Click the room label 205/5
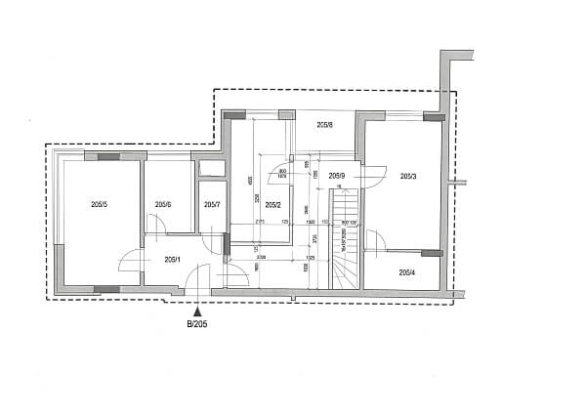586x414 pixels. tap(99, 204)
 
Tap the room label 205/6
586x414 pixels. tap(163, 204)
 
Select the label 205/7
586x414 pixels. tap(212, 204)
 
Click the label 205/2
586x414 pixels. tap(272, 204)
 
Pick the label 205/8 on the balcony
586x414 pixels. tap(325, 125)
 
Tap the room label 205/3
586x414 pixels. tap(408, 176)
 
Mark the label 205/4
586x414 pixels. tap(408, 271)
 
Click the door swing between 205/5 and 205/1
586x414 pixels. tap(130, 266)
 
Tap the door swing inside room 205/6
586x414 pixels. tap(156, 227)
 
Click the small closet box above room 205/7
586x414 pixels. tap(211, 168)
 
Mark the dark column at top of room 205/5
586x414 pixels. tap(107, 155)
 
